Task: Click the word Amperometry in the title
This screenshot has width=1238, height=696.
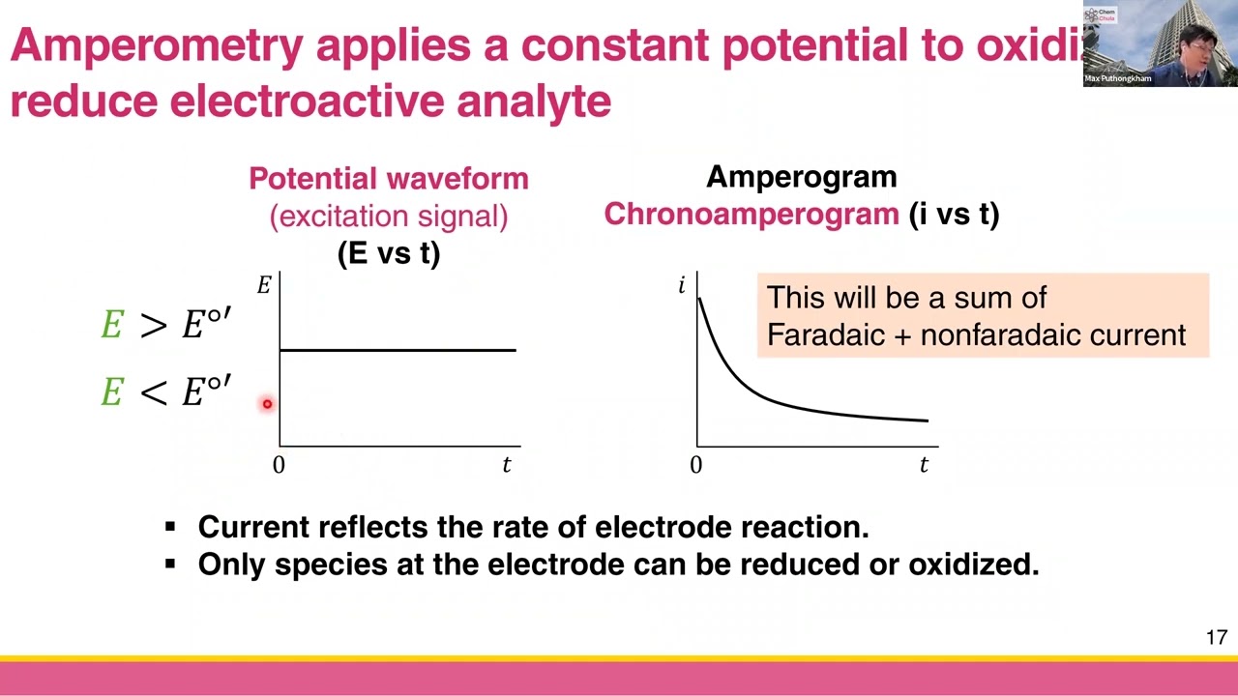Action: [157, 45]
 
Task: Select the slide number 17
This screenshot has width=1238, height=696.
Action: [1216, 637]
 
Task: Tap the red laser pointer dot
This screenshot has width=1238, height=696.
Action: [267, 404]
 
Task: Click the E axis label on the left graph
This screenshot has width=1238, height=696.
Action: [263, 285]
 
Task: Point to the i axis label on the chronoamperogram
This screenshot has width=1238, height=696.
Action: [682, 285]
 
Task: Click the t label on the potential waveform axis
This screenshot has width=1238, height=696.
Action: [506, 465]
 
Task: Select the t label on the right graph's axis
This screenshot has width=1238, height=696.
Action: [924, 465]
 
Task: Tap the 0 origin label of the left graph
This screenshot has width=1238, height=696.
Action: [279, 465]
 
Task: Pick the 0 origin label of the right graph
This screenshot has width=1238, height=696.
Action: [695, 465]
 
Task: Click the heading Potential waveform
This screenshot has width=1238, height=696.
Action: [388, 179]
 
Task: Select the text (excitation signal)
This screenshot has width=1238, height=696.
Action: [388, 216]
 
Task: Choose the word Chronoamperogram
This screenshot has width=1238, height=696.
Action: [752, 215]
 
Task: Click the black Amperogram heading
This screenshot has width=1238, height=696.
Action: [801, 177]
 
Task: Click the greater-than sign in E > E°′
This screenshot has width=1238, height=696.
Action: [153, 326]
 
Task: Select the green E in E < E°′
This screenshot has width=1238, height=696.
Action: [111, 392]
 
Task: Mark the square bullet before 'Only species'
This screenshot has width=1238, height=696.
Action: [170, 564]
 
